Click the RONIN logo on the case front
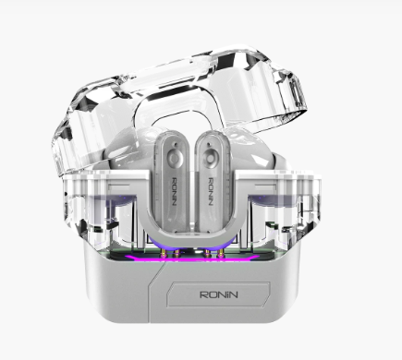click(x=219, y=294)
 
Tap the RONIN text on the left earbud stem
click(x=173, y=192)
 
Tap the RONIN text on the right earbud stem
click(x=211, y=192)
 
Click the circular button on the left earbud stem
click(x=174, y=159)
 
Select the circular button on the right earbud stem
click(x=210, y=159)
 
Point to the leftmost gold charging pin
click(x=164, y=253)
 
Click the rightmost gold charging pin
click(x=220, y=253)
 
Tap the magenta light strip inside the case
click(x=192, y=258)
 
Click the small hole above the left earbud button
click(x=176, y=144)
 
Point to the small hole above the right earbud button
click(x=210, y=144)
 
